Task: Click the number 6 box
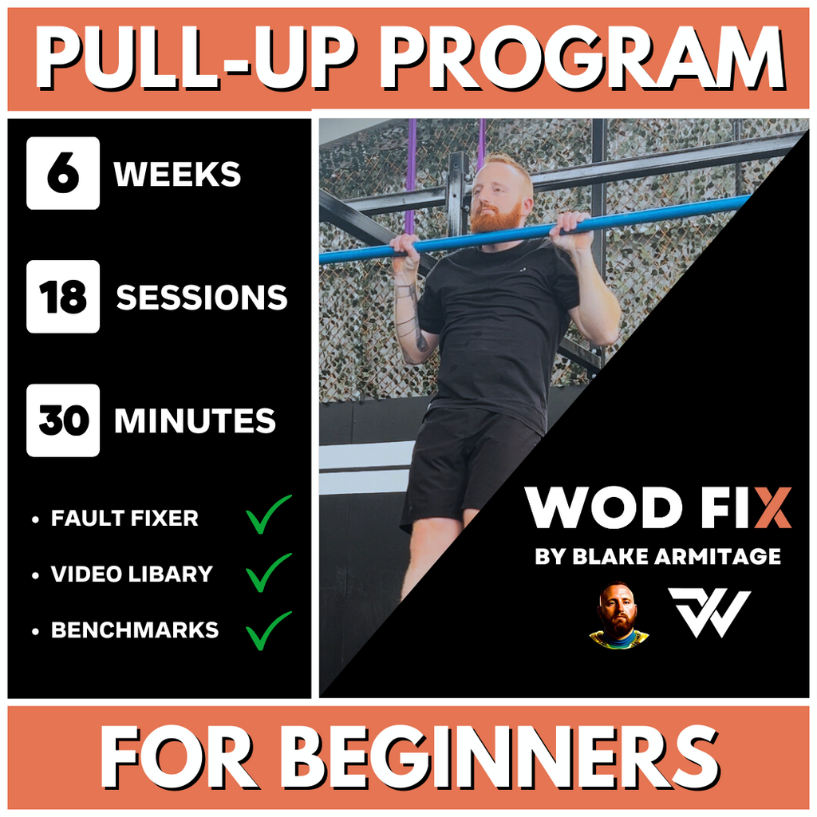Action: pos(63,173)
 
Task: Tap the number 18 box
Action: pos(63,297)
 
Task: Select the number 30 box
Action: pos(63,420)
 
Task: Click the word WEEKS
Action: pos(177,175)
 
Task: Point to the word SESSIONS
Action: pos(202,298)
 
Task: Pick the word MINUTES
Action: pos(195,421)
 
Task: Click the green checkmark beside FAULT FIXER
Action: pos(268,515)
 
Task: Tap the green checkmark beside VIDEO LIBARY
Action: pos(268,571)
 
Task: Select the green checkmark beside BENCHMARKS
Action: pos(268,630)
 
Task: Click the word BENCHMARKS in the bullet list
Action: pos(135,630)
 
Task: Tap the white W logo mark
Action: pos(709,613)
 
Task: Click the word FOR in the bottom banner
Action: pos(176,759)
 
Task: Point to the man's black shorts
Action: pos(467,463)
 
